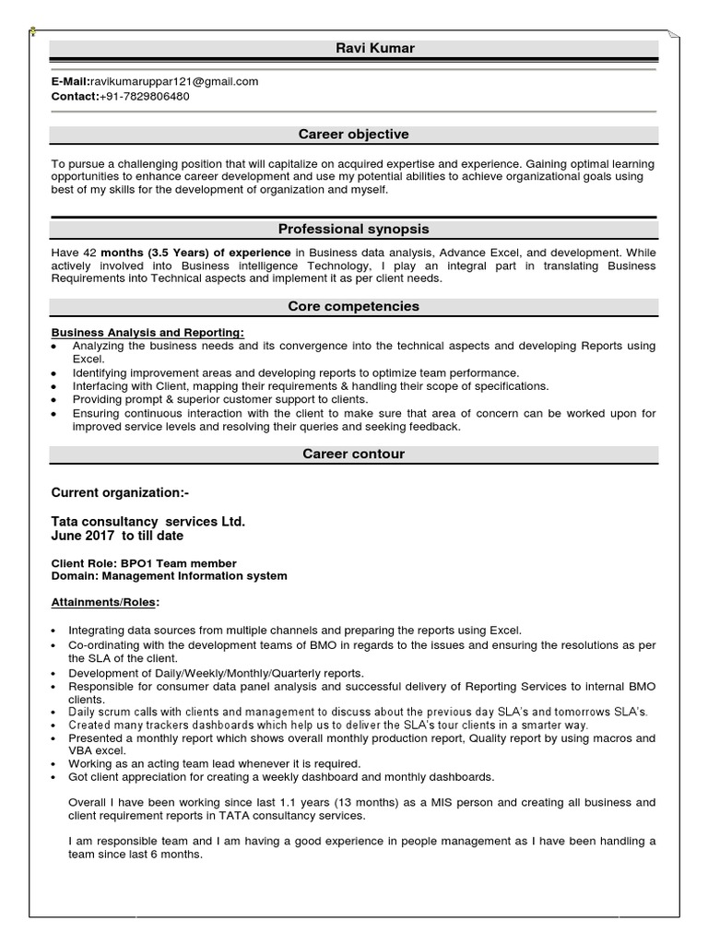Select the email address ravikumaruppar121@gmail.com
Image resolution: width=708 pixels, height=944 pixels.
pyautogui.click(x=174, y=81)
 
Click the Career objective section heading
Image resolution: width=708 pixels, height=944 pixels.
pyautogui.click(x=353, y=135)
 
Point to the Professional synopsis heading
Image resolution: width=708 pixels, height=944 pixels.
pyautogui.click(x=353, y=229)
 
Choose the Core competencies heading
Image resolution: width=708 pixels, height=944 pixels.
pyautogui.click(x=353, y=306)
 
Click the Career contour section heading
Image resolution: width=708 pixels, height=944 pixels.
pyautogui.click(x=353, y=454)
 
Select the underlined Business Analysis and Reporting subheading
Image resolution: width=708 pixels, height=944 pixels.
pyautogui.click(x=147, y=332)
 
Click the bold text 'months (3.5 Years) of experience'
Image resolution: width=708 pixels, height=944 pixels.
pyautogui.click(x=195, y=252)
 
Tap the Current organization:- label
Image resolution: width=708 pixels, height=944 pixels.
pyautogui.click(x=120, y=493)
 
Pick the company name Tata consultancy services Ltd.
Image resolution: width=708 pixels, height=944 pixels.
pyautogui.click(x=147, y=522)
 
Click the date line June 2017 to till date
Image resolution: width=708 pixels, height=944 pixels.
pyautogui.click(x=117, y=536)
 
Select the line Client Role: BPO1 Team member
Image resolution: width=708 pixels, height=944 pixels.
pyautogui.click(x=144, y=563)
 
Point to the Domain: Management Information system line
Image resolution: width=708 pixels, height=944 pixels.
pyautogui.click(x=169, y=576)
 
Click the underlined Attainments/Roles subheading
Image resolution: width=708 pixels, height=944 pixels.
pyautogui.click(x=105, y=603)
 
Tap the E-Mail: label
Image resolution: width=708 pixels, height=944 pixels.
pyautogui.click(x=70, y=81)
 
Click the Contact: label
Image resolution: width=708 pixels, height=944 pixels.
pyautogui.click(x=75, y=96)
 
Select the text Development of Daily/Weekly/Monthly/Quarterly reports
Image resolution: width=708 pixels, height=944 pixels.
pyautogui.click(x=217, y=673)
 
